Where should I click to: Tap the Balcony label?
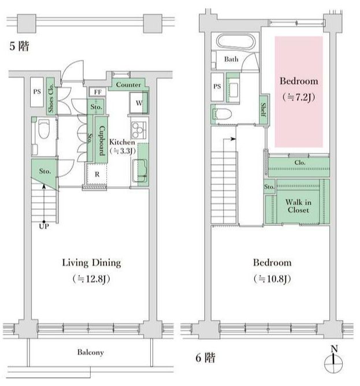pos(90,352)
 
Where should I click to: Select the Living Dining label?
pos(91,263)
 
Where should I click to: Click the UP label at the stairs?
pos(44,227)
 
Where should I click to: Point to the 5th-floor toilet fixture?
pos(44,128)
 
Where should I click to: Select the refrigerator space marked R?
pos(97,175)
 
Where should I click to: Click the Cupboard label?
pos(102,140)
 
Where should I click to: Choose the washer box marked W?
pos(139,103)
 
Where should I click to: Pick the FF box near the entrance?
pos(98,92)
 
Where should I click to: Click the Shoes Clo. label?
pos(51,98)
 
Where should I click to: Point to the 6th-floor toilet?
pos(223,114)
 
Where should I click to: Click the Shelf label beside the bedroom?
pos(263,110)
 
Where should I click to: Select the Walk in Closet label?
pos(298,206)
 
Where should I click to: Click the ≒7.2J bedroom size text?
pos(299,97)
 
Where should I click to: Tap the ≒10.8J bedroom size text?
pos(272,279)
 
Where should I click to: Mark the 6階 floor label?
pos(205,358)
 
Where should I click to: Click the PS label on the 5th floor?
pos(37,92)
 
